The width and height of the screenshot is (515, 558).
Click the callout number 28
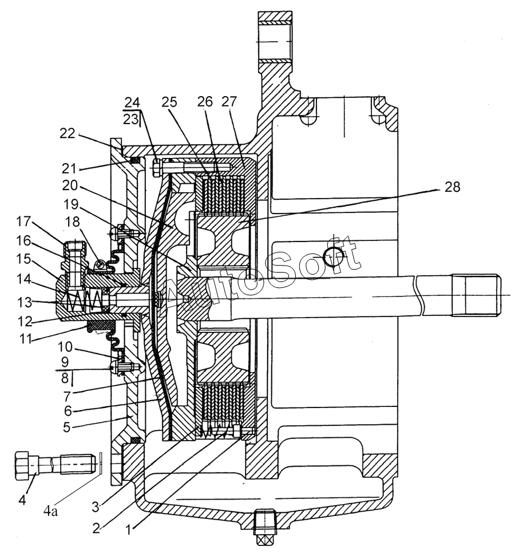click(x=452, y=187)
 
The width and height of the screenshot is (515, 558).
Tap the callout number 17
click(x=24, y=221)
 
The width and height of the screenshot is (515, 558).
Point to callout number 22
click(x=68, y=133)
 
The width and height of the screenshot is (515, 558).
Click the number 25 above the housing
click(x=169, y=102)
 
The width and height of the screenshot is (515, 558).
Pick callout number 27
click(x=229, y=101)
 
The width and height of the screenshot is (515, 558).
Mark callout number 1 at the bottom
click(x=129, y=531)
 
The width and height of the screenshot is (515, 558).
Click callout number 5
click(x=67, y=427)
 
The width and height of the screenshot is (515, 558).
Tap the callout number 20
click(x=70, y=185)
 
